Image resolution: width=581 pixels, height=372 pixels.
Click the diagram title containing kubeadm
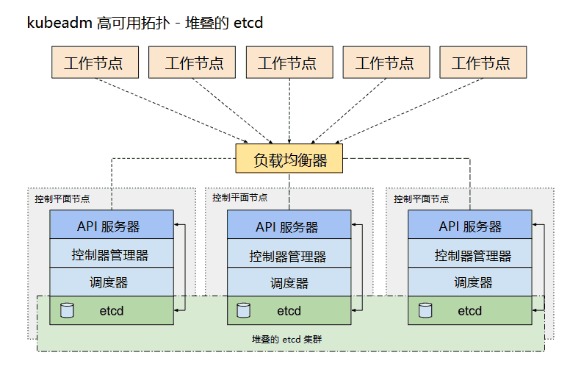145,23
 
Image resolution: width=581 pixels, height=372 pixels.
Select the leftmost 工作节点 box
95,62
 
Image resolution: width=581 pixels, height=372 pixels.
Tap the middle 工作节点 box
289,62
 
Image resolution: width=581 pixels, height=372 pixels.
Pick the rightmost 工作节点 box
483,62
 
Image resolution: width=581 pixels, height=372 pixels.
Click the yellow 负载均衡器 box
289,159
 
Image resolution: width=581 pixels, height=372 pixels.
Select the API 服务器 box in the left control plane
112,225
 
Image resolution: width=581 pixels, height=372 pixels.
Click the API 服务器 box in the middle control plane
289,225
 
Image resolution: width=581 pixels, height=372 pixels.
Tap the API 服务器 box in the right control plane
470,225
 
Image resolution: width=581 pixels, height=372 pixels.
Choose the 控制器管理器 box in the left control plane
112,254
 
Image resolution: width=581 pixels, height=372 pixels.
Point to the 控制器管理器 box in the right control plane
470,254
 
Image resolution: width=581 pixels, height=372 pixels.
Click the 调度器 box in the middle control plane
289,282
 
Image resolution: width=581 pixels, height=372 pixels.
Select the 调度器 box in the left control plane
112,282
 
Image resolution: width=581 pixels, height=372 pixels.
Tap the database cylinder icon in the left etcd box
67,310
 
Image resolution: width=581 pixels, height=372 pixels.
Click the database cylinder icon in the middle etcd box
244,310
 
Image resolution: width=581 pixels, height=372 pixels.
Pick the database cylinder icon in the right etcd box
425,310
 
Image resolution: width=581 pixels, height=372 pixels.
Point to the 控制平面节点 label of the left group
62,198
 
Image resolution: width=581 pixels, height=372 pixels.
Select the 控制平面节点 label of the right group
421,198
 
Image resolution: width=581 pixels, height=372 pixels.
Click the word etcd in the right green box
470,310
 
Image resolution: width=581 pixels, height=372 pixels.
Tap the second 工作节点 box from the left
192,62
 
